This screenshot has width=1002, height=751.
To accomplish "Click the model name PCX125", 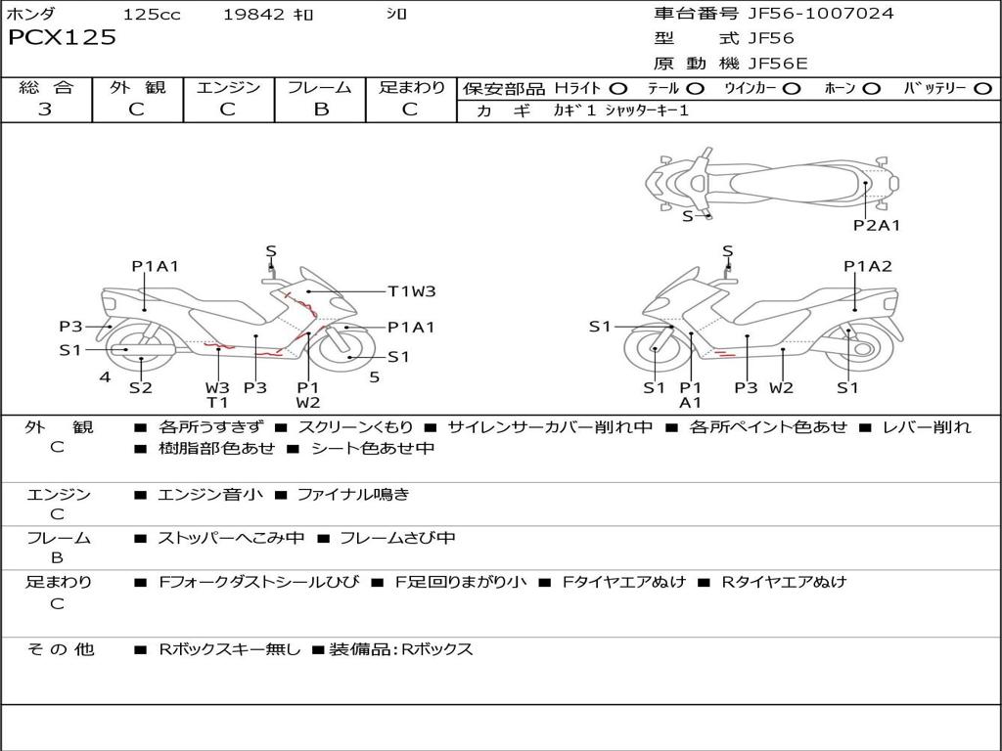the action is (63, 38).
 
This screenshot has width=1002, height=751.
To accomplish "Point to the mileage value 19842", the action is (253, 15).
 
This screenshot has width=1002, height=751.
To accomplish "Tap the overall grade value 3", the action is (45, 110).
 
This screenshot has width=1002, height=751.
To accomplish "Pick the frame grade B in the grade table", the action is (320, 110).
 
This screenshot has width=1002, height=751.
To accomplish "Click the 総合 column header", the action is (46, 87).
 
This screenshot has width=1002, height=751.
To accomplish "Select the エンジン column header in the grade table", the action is (228, 87).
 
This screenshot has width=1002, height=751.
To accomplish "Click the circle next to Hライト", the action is (618, 89).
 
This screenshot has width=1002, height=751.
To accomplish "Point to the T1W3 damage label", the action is (411, 290).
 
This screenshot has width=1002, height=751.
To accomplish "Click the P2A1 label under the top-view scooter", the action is (876, 225).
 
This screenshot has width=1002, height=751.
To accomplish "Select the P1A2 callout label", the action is (868, 266).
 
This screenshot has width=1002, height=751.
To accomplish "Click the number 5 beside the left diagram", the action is (374, 376).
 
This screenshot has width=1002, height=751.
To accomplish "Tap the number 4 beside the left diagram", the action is (105, 376).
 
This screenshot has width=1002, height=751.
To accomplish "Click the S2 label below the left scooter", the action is (141, 388).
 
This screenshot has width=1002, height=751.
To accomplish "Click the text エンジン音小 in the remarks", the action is (210, 495).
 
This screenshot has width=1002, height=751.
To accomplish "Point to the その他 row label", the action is (61, 649).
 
